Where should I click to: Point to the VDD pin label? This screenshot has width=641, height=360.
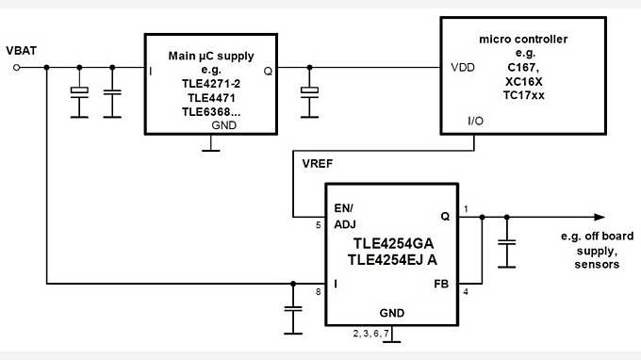coord(463,68)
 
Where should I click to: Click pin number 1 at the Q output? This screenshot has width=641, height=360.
coord(466,207)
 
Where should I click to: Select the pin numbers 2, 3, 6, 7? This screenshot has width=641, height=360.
coord(370,333)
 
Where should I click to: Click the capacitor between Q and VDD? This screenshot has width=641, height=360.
coord(307,92)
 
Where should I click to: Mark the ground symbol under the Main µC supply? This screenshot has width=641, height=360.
coord(213,147)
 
